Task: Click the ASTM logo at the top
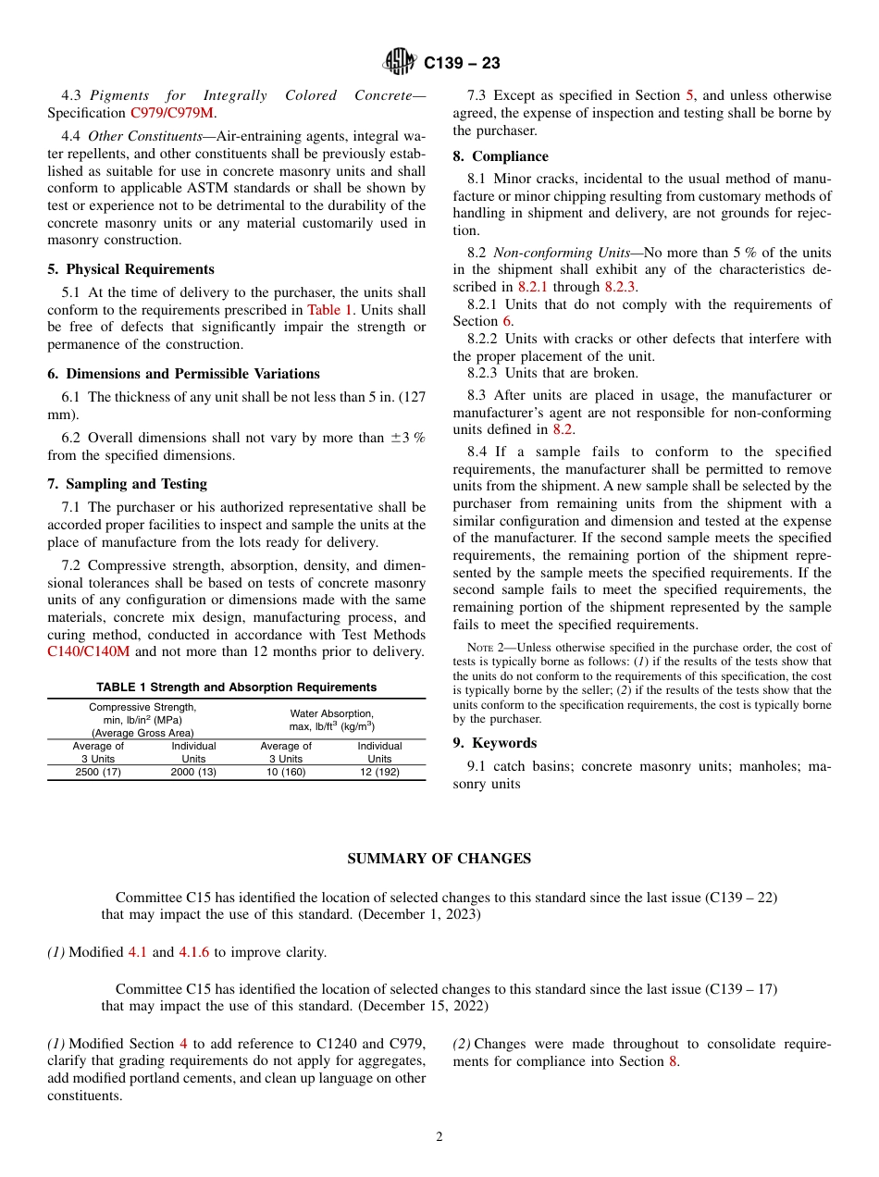(401, 62)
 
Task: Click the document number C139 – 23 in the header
(462, 63)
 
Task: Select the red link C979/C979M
(172, 113)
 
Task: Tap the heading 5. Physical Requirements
(130, 269)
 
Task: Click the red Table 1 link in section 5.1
(329, 310)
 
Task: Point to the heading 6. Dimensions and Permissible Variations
(183, 374)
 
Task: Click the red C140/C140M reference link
(89, 651)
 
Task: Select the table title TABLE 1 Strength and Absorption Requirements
(236, 688)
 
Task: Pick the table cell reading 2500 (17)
(98, 772)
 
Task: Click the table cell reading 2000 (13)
(193, 772)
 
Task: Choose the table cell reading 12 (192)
(379, 772)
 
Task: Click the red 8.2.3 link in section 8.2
(620, 287)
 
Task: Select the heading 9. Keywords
(494, 743)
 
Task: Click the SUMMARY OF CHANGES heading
(439, 859)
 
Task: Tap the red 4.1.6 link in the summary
(194, 952)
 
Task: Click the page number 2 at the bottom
(439, 1137)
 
